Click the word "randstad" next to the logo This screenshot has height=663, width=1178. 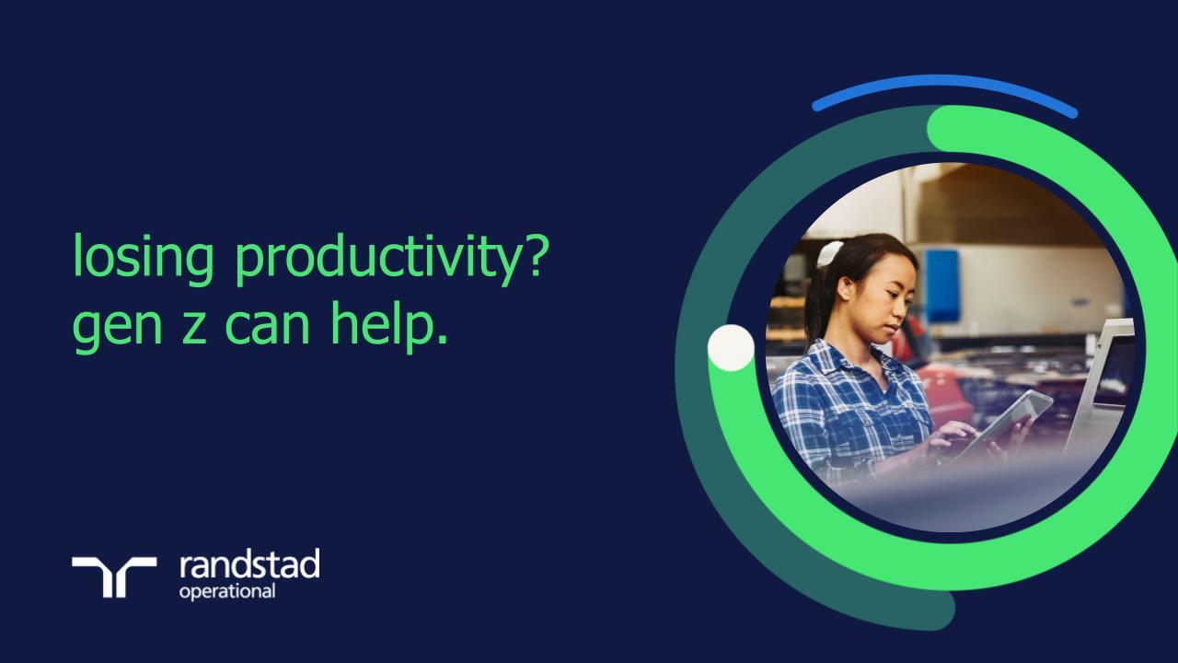pyautogui.click(x=248, y=564)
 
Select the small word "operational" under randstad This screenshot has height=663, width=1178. pyautogui.click(x=226, y=590)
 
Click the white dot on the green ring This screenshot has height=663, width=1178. pyautogui.click(x=731, y=348)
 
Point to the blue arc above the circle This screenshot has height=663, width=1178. pyautogui.click(x=944, y=85)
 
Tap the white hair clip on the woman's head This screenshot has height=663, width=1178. pyautogui.click(x=830, y=253)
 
